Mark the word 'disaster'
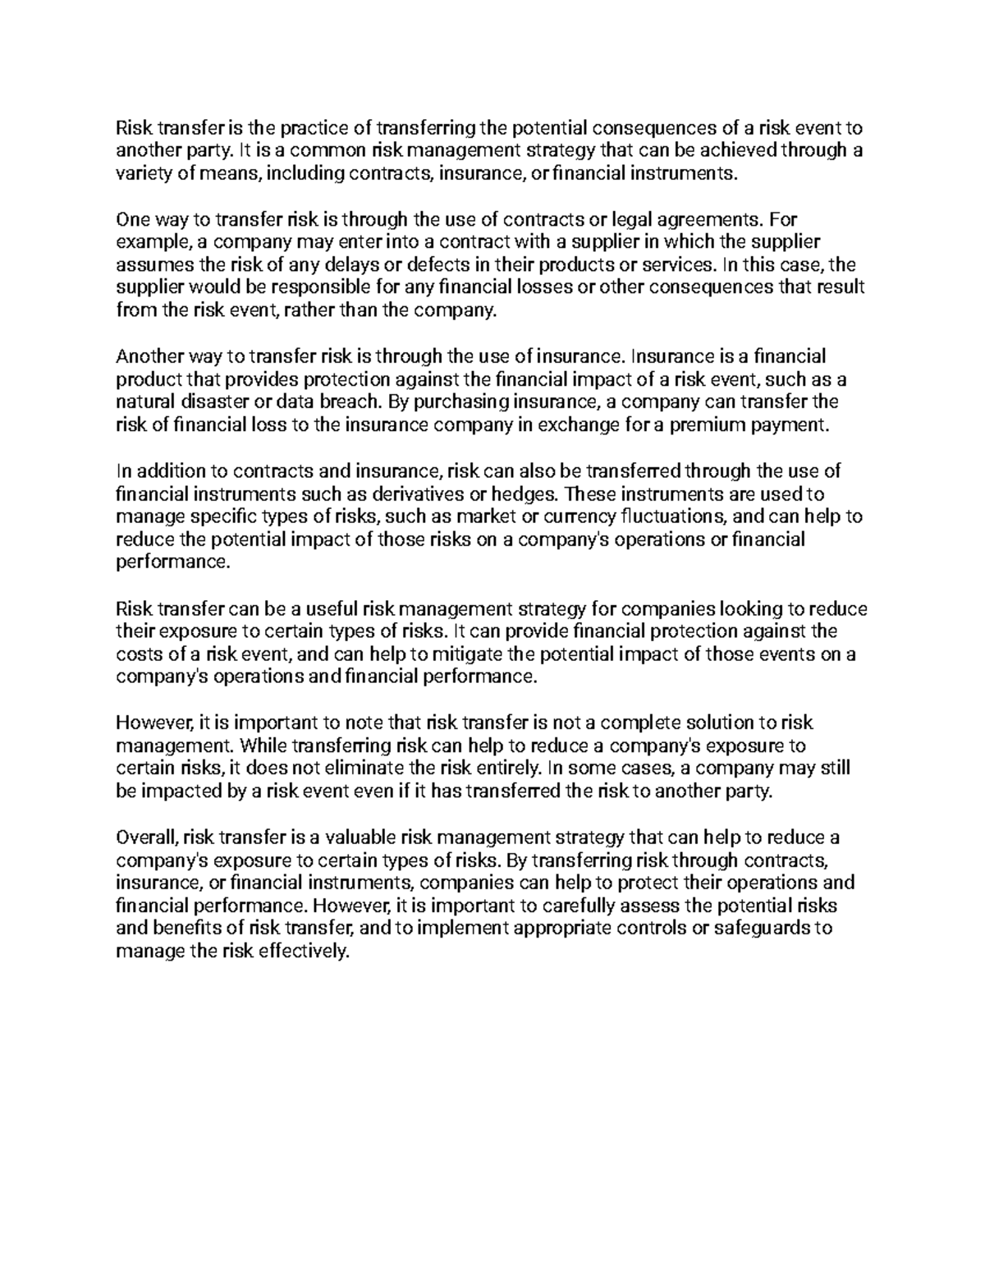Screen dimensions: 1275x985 click(x=220, y=402)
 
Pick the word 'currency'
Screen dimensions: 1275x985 click(x=573, y=517)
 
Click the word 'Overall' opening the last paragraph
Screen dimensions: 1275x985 click(x=147, y=837)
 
